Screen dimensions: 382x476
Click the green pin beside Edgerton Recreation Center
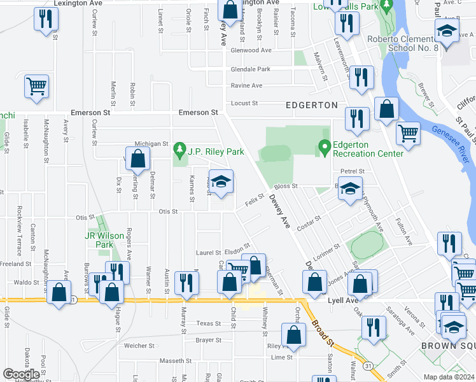click(325, 147)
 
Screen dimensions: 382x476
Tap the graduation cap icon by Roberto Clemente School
click(447, 32)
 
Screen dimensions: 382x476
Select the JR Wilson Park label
click(104, 240)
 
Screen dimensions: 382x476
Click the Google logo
click(22, 374)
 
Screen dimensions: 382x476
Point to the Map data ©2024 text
click(449, 377)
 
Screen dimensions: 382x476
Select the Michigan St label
click(151, 145)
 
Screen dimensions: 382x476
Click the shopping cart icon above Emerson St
click(37, 87)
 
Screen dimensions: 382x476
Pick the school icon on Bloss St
click(349, 189)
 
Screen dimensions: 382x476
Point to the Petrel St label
click(352, 171)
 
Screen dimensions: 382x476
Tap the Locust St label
click(245, 103)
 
